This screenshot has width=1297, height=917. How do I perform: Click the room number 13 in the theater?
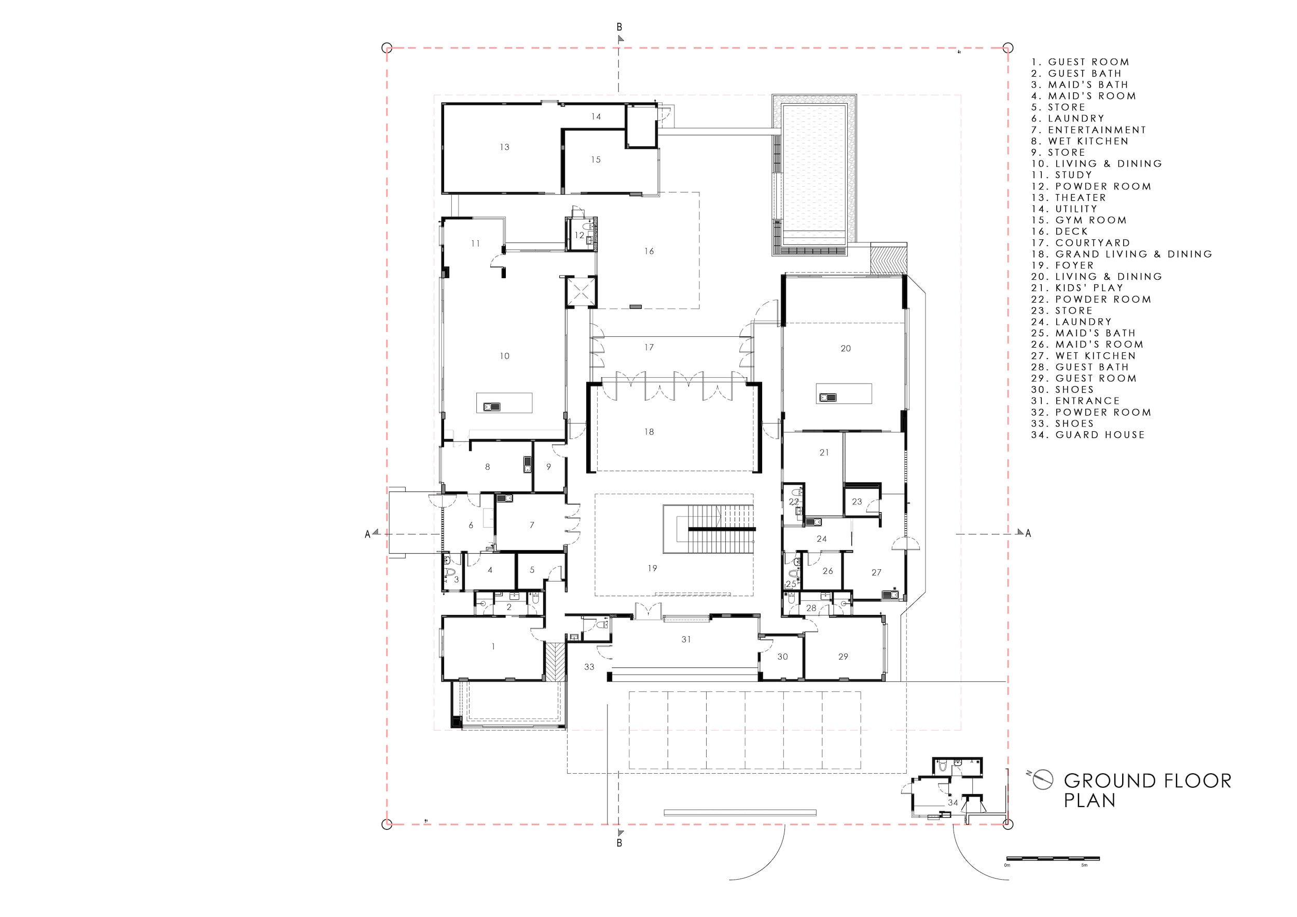click(504, 147)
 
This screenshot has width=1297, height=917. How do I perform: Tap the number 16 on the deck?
click(649, 251)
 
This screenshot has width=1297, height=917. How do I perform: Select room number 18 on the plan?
click(649, 432)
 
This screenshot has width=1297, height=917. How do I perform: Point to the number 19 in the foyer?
click(653, 568)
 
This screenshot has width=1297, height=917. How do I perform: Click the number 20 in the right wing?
click(846, 349)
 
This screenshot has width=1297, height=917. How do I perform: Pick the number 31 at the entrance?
click(686, 639)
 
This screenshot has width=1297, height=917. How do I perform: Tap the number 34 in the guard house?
click(953, 802)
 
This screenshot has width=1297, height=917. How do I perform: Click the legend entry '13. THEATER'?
click(1069, 198)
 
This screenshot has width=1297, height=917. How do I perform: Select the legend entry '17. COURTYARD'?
click(1081, 243)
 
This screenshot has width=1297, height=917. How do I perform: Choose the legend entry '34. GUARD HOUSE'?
click(1088, 435)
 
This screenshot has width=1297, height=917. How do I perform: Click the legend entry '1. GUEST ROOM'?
click(1080, 62)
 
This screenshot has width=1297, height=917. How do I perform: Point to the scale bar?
click(1053, 859)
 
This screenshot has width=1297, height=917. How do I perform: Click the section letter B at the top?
click(619, 27)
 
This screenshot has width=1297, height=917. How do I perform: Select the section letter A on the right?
click(1028, 533)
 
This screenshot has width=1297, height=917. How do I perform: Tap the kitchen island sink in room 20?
click(824, 397)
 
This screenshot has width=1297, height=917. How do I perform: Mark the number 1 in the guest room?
click(493, 647)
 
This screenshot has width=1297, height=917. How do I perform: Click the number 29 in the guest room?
click(844, 656)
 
